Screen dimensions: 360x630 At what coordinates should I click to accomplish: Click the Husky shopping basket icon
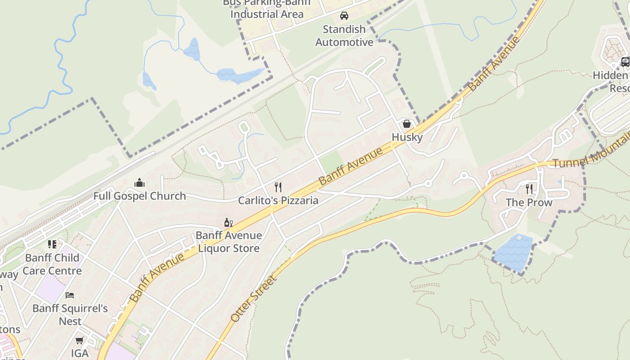(x=407, y=124)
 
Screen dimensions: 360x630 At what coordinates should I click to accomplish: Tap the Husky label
(x=407, y=137)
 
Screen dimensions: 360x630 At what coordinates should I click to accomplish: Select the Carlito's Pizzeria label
(x=278, y=201)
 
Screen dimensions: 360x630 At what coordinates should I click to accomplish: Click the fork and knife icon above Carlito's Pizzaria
(x=278, y=187)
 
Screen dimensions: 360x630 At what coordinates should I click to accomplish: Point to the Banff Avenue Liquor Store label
(x=229, y=242)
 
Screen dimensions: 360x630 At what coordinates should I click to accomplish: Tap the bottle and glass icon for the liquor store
(x=229, y=222)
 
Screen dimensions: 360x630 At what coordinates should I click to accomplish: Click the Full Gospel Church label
(x=139, y=196)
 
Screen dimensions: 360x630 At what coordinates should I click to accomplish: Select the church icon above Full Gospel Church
(x=139, y=183)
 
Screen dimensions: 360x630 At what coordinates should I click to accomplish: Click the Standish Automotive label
(x=344, y=36)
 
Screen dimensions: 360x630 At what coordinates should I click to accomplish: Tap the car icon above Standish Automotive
(x=344, y=16)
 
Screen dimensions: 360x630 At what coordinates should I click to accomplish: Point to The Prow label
(x=529, y=202)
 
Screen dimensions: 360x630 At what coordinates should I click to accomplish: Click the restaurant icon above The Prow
(x=529, y=189)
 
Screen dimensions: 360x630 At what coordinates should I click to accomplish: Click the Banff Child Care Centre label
(x=52, y=264)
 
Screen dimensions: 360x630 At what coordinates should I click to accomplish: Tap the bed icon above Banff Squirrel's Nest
(x=70, y=295)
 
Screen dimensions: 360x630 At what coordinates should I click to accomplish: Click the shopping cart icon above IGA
(x=80, y=340)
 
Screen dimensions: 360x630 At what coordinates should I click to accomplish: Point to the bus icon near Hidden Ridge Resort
(x=625, y=62)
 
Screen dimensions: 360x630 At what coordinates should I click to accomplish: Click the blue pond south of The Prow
(x=513, y=253)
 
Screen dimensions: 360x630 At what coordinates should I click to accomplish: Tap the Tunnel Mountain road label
(x=589, y=157)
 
